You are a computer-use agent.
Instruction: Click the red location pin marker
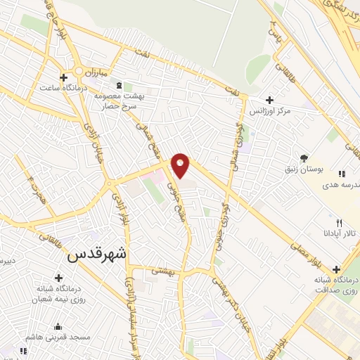[181, 165]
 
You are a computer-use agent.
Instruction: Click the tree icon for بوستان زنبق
[304, 157]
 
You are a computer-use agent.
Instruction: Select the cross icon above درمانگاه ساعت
[63, 77]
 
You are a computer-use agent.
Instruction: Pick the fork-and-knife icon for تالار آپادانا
[339, 223]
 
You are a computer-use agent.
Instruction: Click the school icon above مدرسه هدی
[342, 173]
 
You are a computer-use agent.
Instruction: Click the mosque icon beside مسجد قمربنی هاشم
[58, 327]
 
